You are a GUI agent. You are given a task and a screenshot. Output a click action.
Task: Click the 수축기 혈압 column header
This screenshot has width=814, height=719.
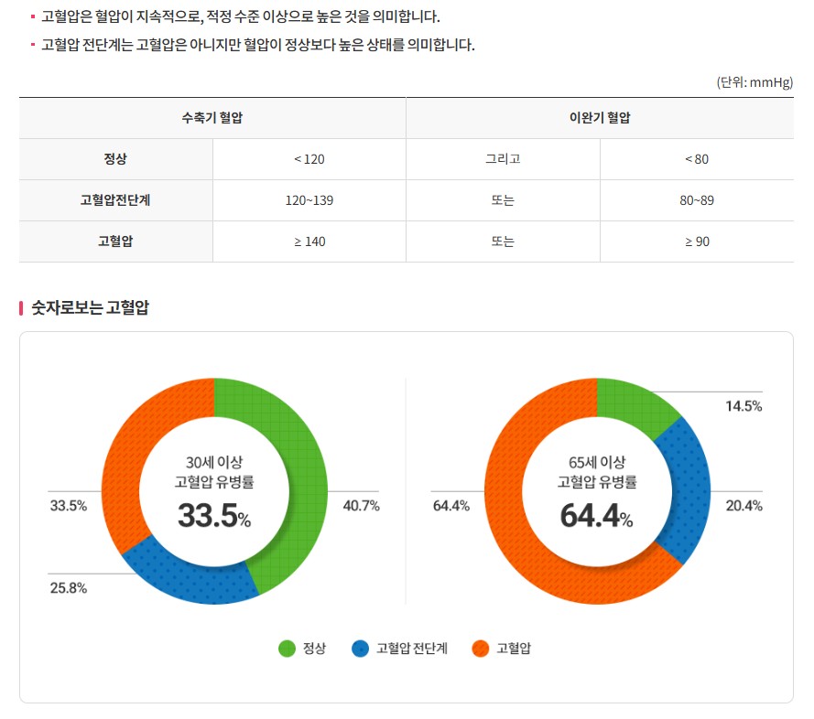(212, 118)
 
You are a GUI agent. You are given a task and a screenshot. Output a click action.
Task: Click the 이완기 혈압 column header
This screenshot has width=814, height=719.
(600, 118)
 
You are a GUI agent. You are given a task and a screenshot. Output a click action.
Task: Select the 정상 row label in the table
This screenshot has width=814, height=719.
(115, 159)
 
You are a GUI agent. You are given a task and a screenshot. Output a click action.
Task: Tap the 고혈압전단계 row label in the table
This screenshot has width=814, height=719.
(115, 200)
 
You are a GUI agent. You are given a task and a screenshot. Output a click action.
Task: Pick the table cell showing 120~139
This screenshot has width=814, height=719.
(309, 200)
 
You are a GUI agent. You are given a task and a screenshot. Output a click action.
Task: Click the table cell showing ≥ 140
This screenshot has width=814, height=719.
(309, 241)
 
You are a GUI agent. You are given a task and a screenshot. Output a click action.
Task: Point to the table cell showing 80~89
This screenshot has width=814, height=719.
(697, 200)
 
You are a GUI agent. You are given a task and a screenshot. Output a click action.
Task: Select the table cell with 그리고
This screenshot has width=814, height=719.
(503, 159)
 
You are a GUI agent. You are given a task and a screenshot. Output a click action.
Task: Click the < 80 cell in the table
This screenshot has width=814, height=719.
(697, 159)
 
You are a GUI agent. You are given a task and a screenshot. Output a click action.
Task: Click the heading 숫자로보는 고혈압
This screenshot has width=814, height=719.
(90, 308)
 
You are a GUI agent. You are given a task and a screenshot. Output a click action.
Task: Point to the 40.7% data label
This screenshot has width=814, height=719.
(361, 506)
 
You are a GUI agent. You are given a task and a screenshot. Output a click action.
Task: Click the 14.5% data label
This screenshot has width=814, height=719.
(743, 406)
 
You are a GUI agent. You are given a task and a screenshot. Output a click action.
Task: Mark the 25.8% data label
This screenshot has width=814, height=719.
(69, 588)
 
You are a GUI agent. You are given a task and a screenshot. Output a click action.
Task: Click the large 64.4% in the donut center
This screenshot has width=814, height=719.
(596, 516)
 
